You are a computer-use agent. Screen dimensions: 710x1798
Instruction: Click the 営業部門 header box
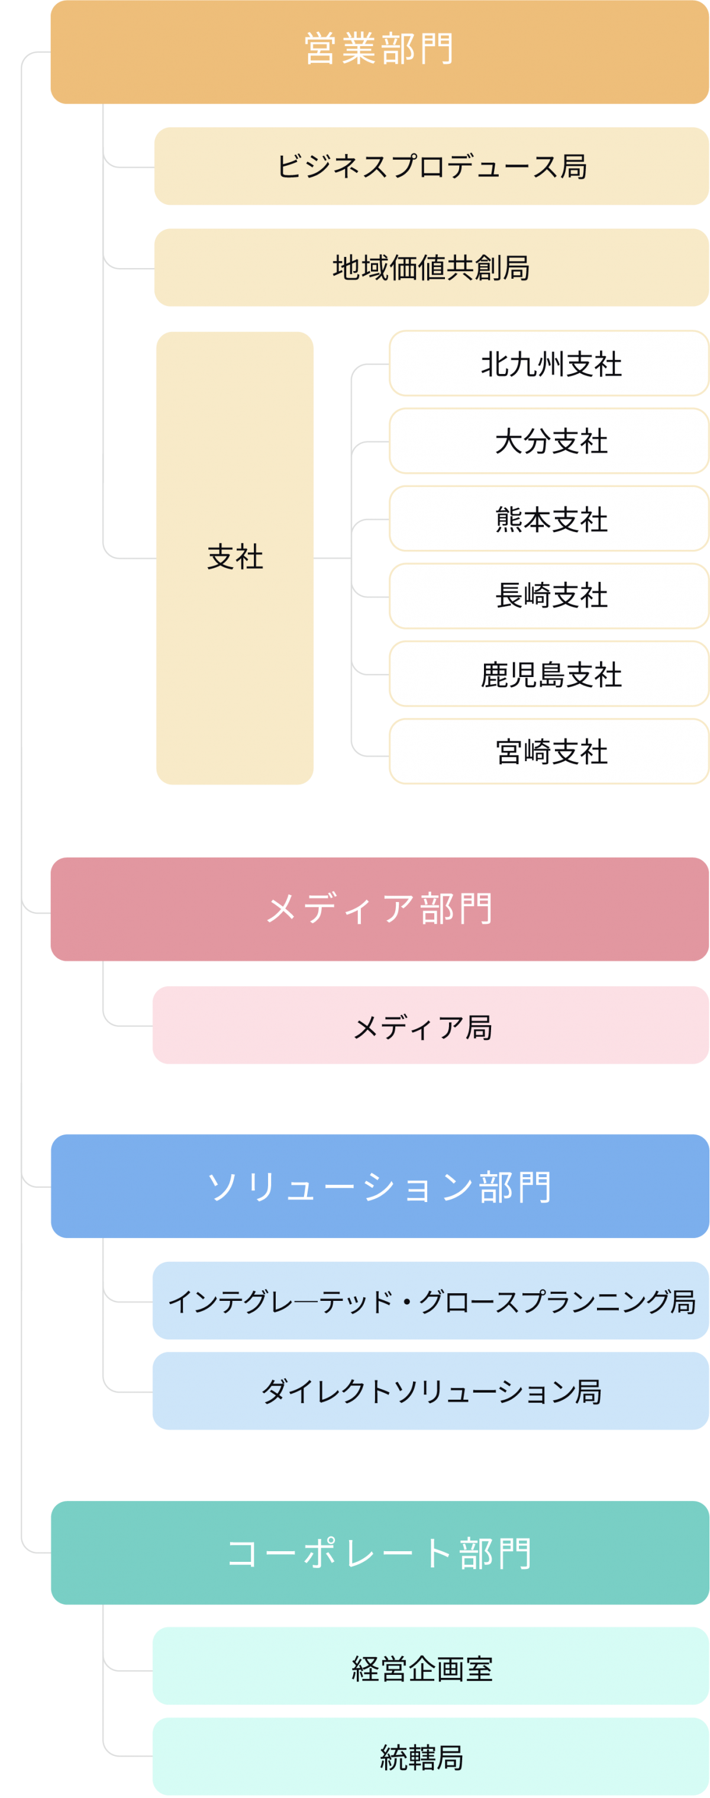coord(379,52)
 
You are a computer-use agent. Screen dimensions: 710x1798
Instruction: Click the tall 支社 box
coord(234,558)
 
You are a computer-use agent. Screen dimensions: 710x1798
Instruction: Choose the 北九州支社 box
coord(549,363)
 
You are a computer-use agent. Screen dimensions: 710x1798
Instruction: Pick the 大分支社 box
coord(549,441)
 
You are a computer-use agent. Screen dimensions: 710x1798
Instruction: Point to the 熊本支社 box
coord(549,518)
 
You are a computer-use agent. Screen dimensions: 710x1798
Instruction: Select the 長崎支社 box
coord(549,596)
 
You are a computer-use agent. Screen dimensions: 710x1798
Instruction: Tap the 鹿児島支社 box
coord(549,674)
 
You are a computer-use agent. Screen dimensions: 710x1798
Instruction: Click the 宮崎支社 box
coord(549,752)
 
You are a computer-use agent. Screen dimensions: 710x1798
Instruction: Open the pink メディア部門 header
coord(379,909)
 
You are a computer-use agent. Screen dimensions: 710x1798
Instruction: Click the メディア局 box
coord(430,1024)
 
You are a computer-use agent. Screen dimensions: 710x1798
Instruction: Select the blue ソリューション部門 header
coord(379,1186)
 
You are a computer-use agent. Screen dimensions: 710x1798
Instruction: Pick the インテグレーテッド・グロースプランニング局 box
coord(430,1300)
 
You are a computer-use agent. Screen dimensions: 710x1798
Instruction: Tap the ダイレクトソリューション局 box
coord(430,1391)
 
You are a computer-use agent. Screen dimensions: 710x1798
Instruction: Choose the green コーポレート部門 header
coord(379,1552)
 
